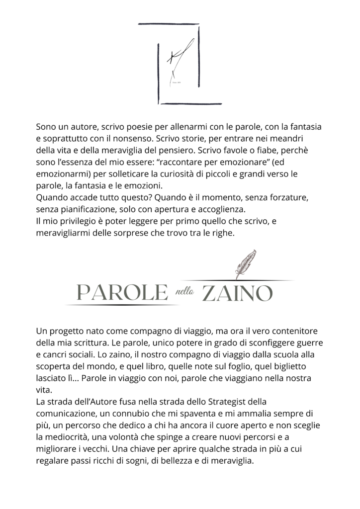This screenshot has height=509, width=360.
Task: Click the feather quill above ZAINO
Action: pyautogui.click(x=245, y=264)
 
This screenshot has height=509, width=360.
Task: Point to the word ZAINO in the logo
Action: pyautogui.click(x=237, y=293)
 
